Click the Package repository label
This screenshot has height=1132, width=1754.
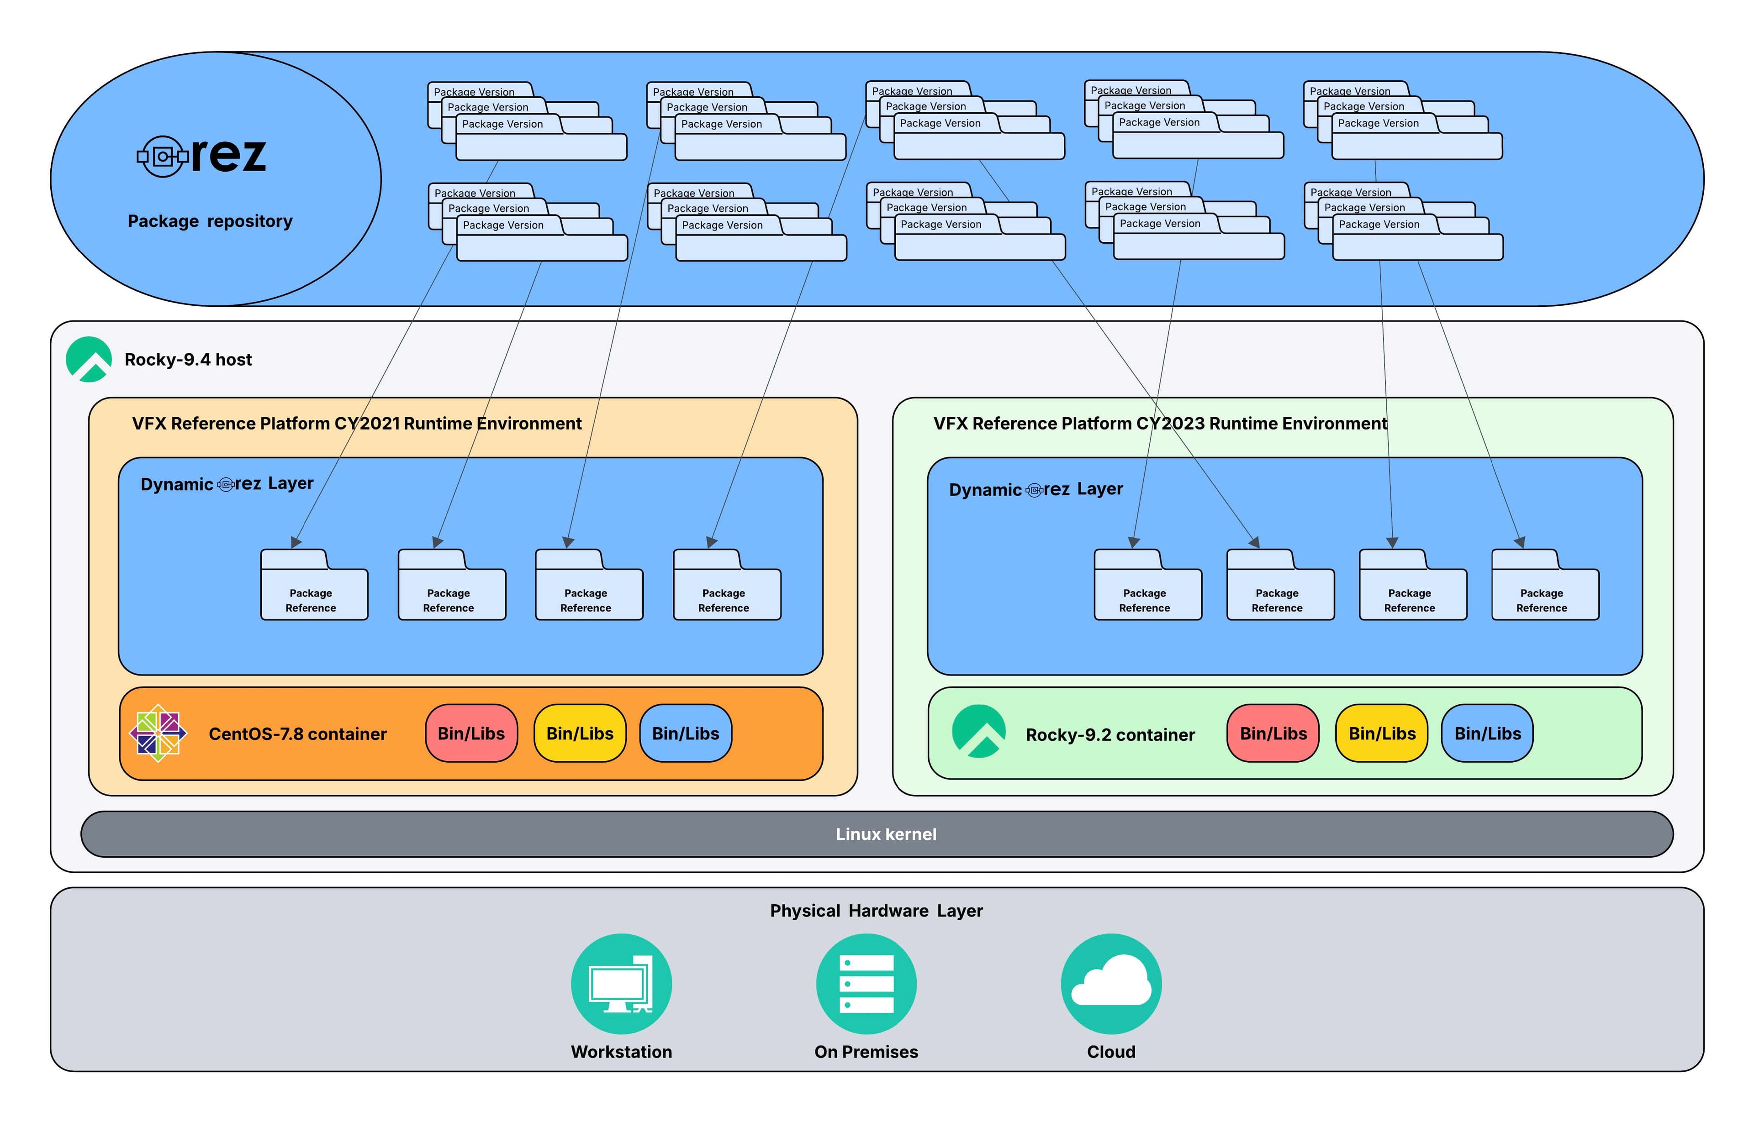tap(210, 221)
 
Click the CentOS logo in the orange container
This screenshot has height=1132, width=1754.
tap(158, 733)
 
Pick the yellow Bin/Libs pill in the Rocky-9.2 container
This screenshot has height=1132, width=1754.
tap(1381, 734)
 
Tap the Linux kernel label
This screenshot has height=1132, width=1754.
tap(886, 834)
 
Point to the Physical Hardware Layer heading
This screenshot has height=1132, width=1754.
tap(876, 911)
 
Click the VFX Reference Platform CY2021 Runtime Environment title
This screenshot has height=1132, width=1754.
tap(357, 424)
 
